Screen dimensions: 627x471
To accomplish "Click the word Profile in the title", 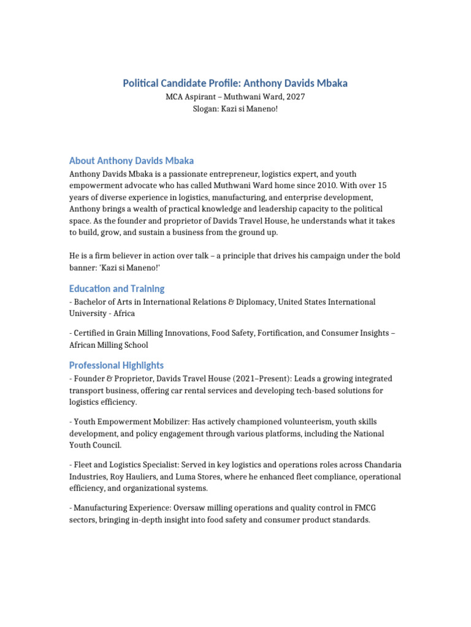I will [218, 83].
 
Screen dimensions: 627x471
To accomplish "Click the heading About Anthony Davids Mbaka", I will [131, 161].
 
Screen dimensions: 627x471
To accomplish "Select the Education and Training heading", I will [117, 288].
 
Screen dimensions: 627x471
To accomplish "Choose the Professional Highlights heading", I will [117, 365].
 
